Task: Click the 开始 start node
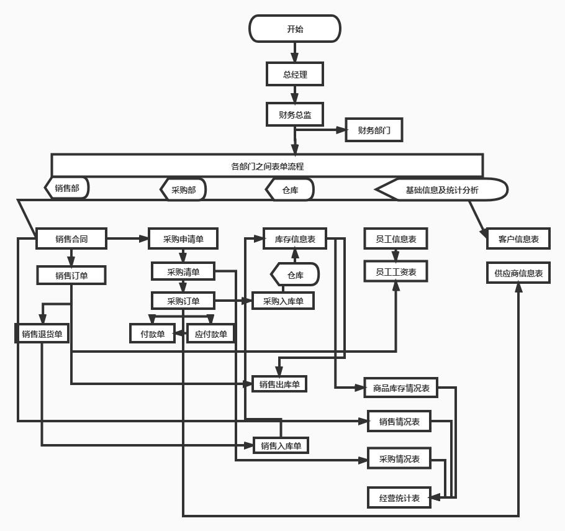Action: [x=295, y=29]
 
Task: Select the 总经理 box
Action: [x=295, y=74]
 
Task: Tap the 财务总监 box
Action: [x=295, y=115]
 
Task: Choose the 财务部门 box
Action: [x=374, y=130]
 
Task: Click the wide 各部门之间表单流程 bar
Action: [x=267, y=166]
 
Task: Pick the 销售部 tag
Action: [x=67, y=188]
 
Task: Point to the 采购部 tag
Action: [x=183, y=189]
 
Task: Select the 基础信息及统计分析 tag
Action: [x=442, y=189]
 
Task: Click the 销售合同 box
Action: [x=71, y=238]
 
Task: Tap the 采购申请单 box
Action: [x=183, y=238]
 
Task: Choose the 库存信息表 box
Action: [x=295, y=238]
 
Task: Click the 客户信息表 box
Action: [x=518, y=238]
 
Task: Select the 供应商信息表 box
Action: [x=518, y=272]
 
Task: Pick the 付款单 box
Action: [x=152, y=334]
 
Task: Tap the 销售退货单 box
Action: [x=42, y=334]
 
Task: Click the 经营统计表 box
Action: [x=399, y=497]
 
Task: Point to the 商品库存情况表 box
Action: [x=401, y=388]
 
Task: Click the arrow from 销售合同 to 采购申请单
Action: [x=127, y=238]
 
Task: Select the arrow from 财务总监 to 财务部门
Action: [x=320, y=130]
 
